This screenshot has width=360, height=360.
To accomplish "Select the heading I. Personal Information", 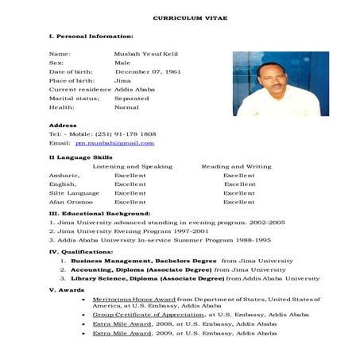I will [91, 37].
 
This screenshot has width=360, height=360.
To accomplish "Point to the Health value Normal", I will [126, 106].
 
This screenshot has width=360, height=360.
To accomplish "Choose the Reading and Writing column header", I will [236, 166].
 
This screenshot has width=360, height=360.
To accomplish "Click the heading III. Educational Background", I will [99, 214].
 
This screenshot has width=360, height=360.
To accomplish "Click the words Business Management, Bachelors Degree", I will [143, 260].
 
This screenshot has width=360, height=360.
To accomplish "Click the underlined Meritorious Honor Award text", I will [134, 299].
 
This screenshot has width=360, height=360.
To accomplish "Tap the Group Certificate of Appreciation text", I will [148, 315].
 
